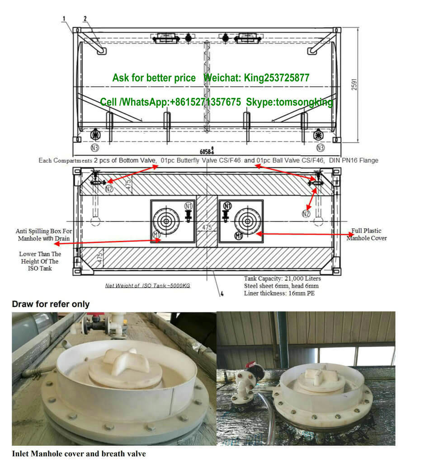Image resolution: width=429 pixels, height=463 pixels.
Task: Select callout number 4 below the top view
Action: pyautogui.click(x=222, y=294)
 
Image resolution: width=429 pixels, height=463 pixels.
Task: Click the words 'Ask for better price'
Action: pyautogui.click(x=154, y=78)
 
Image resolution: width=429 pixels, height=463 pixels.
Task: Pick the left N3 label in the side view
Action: pyautogui.click(x=94, y=147)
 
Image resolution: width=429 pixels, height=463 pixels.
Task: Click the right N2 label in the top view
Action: pyautogui.click(x=306, y=213)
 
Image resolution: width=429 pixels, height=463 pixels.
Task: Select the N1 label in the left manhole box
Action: pyautogui.click(x=189, y=206)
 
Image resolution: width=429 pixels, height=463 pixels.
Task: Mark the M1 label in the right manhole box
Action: pyautogui.click(x=239, y=235)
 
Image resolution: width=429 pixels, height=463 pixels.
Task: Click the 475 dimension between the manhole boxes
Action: pyautogui.click(x=207, y=227)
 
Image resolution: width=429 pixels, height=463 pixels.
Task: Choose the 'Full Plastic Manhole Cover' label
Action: pyautogui.click(x=367, y=234)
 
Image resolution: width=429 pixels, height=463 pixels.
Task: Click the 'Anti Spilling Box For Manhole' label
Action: pyautogui.click(x=44, y=234)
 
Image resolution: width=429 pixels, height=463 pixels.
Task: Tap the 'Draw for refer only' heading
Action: pyautogui.click(x=51, y=304)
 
